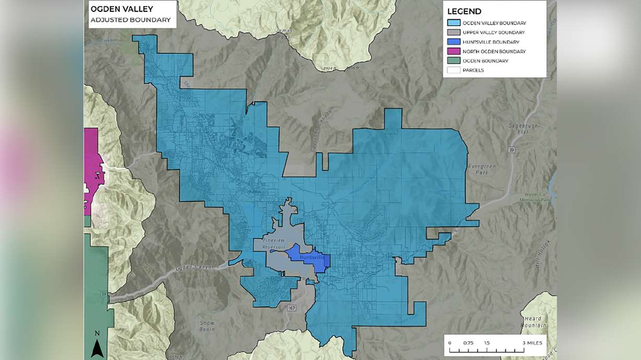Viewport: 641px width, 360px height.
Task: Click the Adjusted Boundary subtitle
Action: click(130, 20)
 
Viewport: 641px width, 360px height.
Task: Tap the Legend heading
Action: click(465, 11)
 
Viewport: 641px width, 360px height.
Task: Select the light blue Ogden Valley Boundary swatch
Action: click(454, 23)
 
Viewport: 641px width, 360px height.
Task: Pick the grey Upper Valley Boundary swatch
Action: click(454, 32)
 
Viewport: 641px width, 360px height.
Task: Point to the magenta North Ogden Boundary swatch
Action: click(454, 51)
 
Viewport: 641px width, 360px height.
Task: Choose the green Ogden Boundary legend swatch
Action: click(454, 61)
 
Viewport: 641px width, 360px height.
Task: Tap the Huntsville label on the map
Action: click(312, 257)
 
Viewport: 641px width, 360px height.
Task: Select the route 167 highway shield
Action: click(291, 308)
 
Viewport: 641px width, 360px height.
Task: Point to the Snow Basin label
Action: click(207, 326)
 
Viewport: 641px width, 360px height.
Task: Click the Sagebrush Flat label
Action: click(520, 129)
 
